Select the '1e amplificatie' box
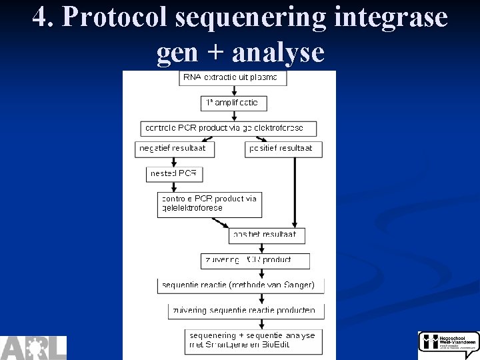(x=233, y=103)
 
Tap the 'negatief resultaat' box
(x=175, y=149)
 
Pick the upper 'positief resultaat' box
(x=283, y=149)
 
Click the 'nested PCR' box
(x=174, y=174)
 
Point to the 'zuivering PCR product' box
(x=255, y=261)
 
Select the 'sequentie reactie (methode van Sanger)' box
(x=241, y=285)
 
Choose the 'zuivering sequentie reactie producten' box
(x=246, y=311)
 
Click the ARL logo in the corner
(x=33, y=347)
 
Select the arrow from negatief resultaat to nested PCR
(x=174, y=162)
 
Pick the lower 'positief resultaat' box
(x=267, y=235)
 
